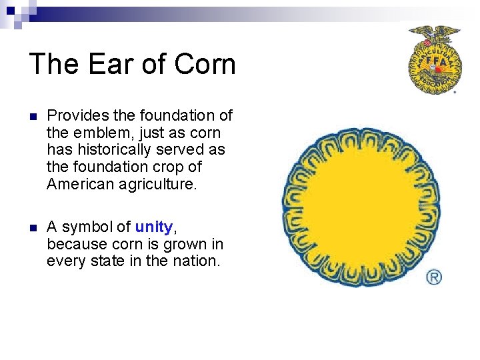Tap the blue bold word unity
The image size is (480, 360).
[153, 227]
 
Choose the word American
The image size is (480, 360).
[81, 184]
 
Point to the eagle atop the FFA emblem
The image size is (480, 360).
[434, 32]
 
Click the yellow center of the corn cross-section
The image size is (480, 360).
[361, 207]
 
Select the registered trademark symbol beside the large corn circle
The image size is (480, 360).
[434, 277]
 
